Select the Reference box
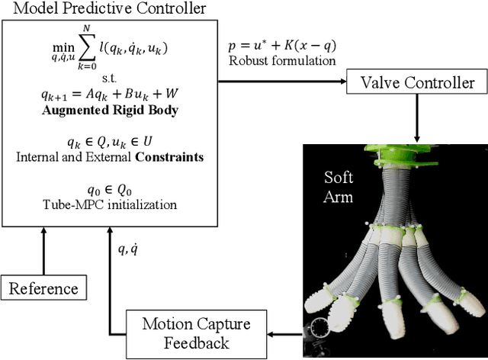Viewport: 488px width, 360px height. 43,288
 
